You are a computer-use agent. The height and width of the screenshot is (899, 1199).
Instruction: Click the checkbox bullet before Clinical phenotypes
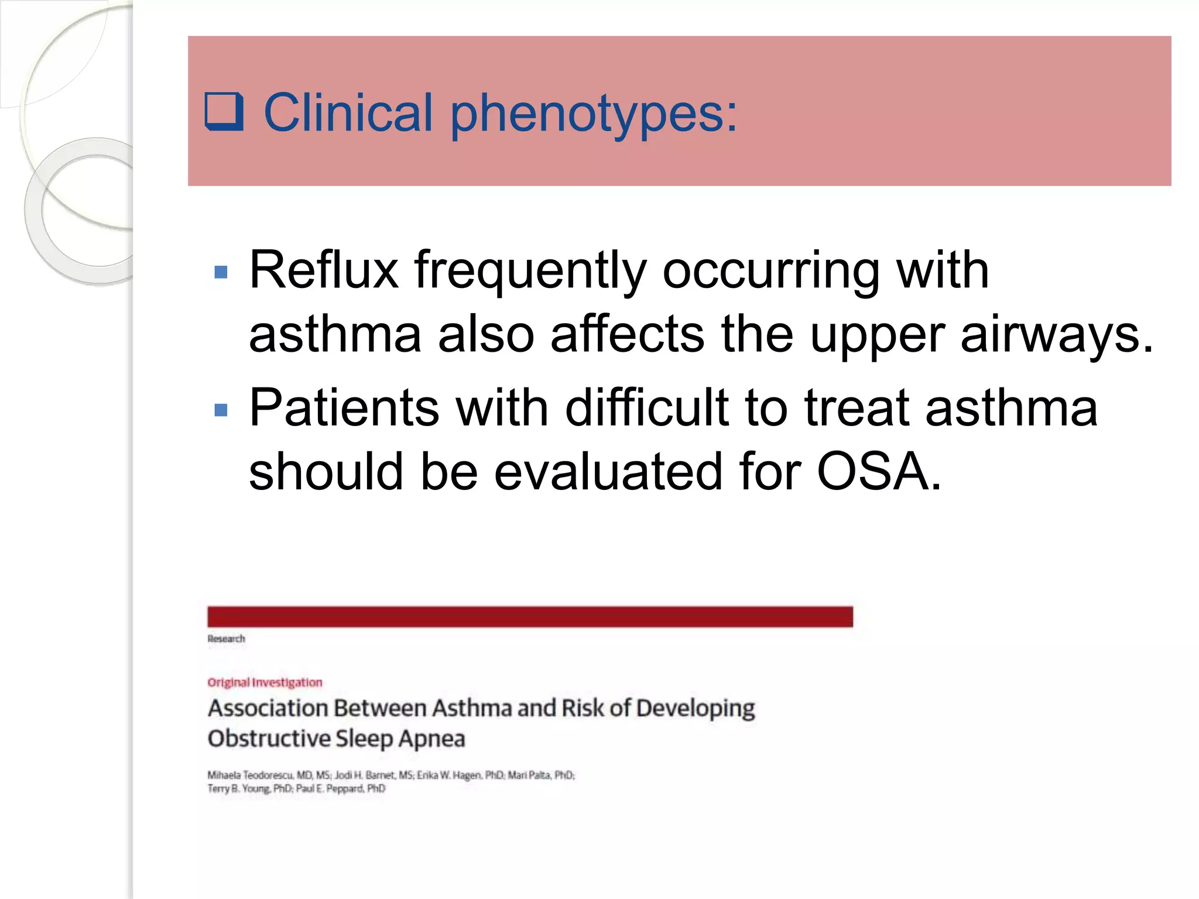click(x=224, y=111)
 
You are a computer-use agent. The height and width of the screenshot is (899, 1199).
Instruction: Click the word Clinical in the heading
click(x=348, y=112)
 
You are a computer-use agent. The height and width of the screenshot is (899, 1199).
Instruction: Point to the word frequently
click(x=530, y=272)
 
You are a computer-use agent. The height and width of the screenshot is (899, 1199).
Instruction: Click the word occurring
click(x=771, y=272)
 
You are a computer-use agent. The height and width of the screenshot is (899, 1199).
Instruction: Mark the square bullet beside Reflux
click(x=221, y=272)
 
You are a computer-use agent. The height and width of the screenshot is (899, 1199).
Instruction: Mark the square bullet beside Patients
click(x=221, y=410)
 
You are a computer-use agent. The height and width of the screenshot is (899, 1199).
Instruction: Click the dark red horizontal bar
click(x=530, y=617)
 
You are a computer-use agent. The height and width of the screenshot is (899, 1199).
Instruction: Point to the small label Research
click(x=226, y=639)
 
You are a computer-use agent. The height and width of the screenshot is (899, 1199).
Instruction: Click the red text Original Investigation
click(x=265, y=682)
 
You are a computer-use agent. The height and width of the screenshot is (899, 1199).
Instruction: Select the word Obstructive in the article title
click(x=269, y=739)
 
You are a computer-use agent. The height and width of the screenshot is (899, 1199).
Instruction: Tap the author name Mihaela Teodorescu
click(x=251, y=775)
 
